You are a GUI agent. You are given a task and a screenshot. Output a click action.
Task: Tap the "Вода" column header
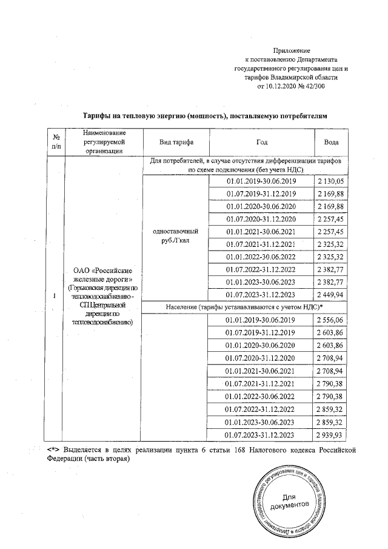(332, 141)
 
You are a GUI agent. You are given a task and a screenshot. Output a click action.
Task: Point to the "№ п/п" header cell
(56, 141)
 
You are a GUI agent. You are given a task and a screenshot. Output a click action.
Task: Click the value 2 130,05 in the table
(332, 181)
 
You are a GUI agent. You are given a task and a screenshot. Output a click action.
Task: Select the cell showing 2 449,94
(332, 295)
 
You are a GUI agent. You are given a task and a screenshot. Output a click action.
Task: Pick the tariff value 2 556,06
(332, 320)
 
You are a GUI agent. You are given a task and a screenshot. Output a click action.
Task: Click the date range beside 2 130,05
(261, 181)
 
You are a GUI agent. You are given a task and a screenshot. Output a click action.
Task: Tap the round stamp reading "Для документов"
(290, 500)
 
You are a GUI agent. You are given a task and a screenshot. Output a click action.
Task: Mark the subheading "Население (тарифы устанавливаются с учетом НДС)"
(245, 307)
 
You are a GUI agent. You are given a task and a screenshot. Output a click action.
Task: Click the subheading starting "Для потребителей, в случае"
(245, 165)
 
